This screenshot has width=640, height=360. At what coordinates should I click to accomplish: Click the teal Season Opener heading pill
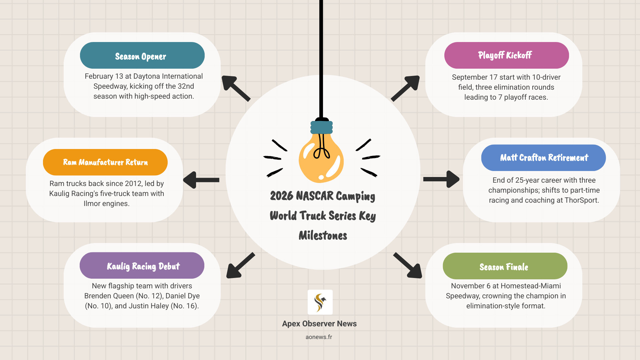(x=142, y=56)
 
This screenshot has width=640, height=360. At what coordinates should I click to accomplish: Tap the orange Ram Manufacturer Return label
(x=105, y=162)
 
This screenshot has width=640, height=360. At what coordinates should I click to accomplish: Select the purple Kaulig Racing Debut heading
(x=142, y=266)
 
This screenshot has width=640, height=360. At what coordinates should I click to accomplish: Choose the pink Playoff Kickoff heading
(x=506, y=55)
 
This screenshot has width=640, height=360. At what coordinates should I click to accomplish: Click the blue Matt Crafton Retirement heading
(x=543, y=158)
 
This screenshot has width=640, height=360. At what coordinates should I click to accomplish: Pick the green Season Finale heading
(x=505, y=266)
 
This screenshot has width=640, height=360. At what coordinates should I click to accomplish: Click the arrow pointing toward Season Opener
(x=235, y=88)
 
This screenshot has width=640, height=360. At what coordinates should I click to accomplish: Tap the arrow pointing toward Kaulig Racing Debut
(x=240, y=266)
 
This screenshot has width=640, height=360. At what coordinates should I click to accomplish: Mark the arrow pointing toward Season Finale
(x=408, y=266)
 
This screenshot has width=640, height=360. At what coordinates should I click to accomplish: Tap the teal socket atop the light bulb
(x=322, y=127)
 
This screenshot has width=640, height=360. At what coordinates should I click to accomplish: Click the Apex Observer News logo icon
(x=320, y=302)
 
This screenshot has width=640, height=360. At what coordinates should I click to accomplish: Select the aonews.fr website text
(x=319, y=337)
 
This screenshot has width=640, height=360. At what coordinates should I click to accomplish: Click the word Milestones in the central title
(x=323, y=236)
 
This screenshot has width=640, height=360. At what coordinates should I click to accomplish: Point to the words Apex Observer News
(x=319, y=324)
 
